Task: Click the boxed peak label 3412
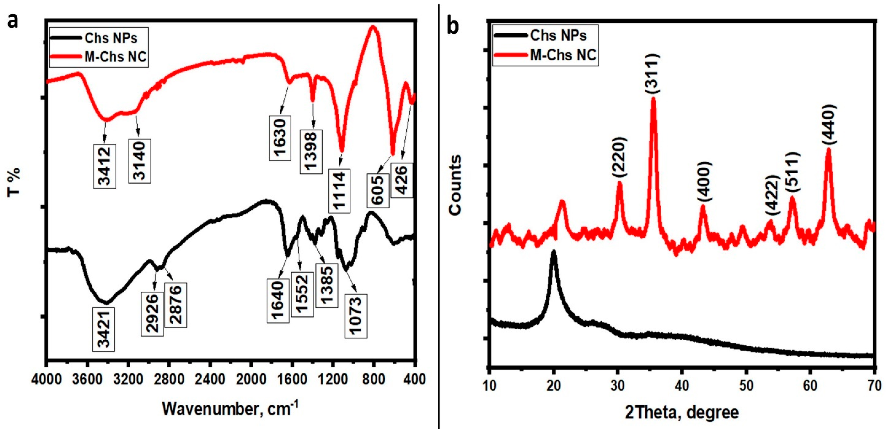[104, 166]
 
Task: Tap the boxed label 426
[402, 180]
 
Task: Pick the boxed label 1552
[302, 294]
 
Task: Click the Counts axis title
[455, 185]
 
